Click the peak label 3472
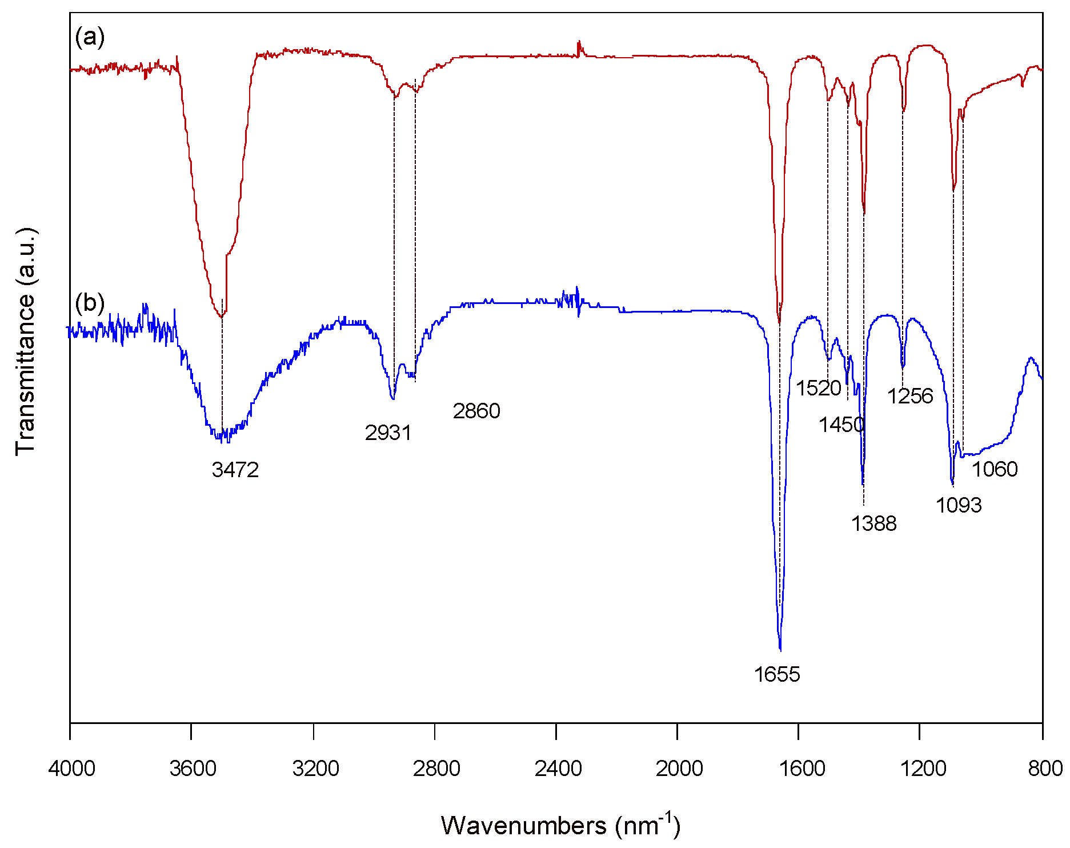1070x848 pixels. point(235,470)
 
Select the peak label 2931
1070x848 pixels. point(388,433)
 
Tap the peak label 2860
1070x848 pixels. point(476,411)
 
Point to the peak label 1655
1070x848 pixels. point(777,675)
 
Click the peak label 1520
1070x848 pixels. point(819,389)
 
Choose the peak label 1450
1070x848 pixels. point(841,425)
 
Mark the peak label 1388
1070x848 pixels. point(874,523)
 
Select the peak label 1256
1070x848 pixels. point(910,396)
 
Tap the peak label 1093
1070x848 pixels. point(959,505)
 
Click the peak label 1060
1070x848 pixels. point(995,469)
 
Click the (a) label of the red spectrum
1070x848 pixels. point(90,38)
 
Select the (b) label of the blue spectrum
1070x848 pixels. point(90,302)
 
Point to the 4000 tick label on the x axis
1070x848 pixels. point(71,769)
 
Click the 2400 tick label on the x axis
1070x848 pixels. point(558,769)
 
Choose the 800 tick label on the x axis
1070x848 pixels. point(1045,769)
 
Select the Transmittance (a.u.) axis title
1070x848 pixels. point(26,342)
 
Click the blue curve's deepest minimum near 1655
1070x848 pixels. point(780,649)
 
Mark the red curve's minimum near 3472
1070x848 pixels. point(222,316)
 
